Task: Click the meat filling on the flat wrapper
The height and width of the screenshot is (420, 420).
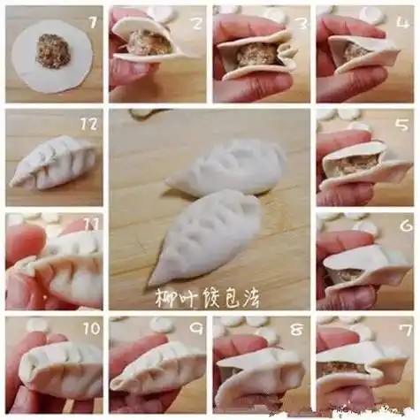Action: [53, 51]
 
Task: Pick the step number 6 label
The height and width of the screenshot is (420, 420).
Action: [405, 227]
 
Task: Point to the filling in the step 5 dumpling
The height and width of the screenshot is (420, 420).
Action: [358, 163]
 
